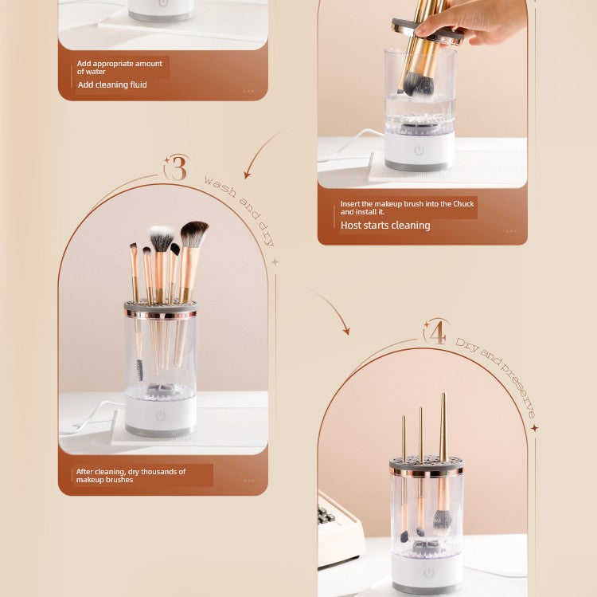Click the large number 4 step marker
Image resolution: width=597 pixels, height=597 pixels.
(438, 332)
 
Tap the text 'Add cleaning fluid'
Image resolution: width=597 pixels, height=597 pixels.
(112, 84)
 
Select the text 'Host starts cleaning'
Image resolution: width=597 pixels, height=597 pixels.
(385, 226)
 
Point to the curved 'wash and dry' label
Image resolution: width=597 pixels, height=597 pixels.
(240, 209)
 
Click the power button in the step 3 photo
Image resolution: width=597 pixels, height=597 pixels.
(161, 416)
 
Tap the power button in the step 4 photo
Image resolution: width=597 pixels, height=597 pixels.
(429, 573)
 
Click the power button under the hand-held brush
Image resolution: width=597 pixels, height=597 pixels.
(419, 151)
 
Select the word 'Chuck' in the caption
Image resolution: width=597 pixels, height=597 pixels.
(463, 204)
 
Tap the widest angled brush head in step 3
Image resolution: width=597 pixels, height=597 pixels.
(193, 234)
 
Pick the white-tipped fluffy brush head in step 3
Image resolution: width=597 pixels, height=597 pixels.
(161, 238)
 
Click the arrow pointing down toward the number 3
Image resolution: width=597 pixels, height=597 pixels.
(262, 151)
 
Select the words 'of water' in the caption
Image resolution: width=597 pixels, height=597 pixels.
(91, 72)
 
